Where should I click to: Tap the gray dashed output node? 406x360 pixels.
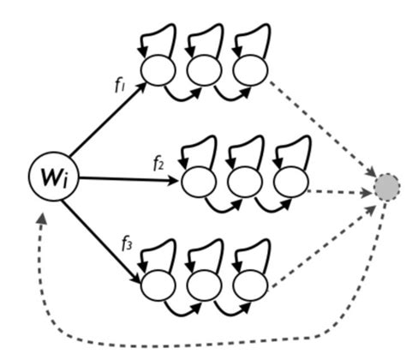point(387,186)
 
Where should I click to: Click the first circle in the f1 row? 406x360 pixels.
point(158,69)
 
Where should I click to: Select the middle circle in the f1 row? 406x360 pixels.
point(205,69)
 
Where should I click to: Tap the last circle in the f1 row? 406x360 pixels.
point(251,69)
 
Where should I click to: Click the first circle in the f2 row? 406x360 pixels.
point(197,180)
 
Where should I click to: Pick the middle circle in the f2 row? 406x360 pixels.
point(243,180)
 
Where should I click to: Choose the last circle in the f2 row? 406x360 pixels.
point(290,180)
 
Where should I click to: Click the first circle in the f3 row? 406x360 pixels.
point(158,285)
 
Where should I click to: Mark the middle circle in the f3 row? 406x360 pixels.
point(205,285)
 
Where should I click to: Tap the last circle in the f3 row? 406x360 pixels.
point(251,285)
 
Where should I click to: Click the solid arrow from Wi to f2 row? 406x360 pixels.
point(128,179)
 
